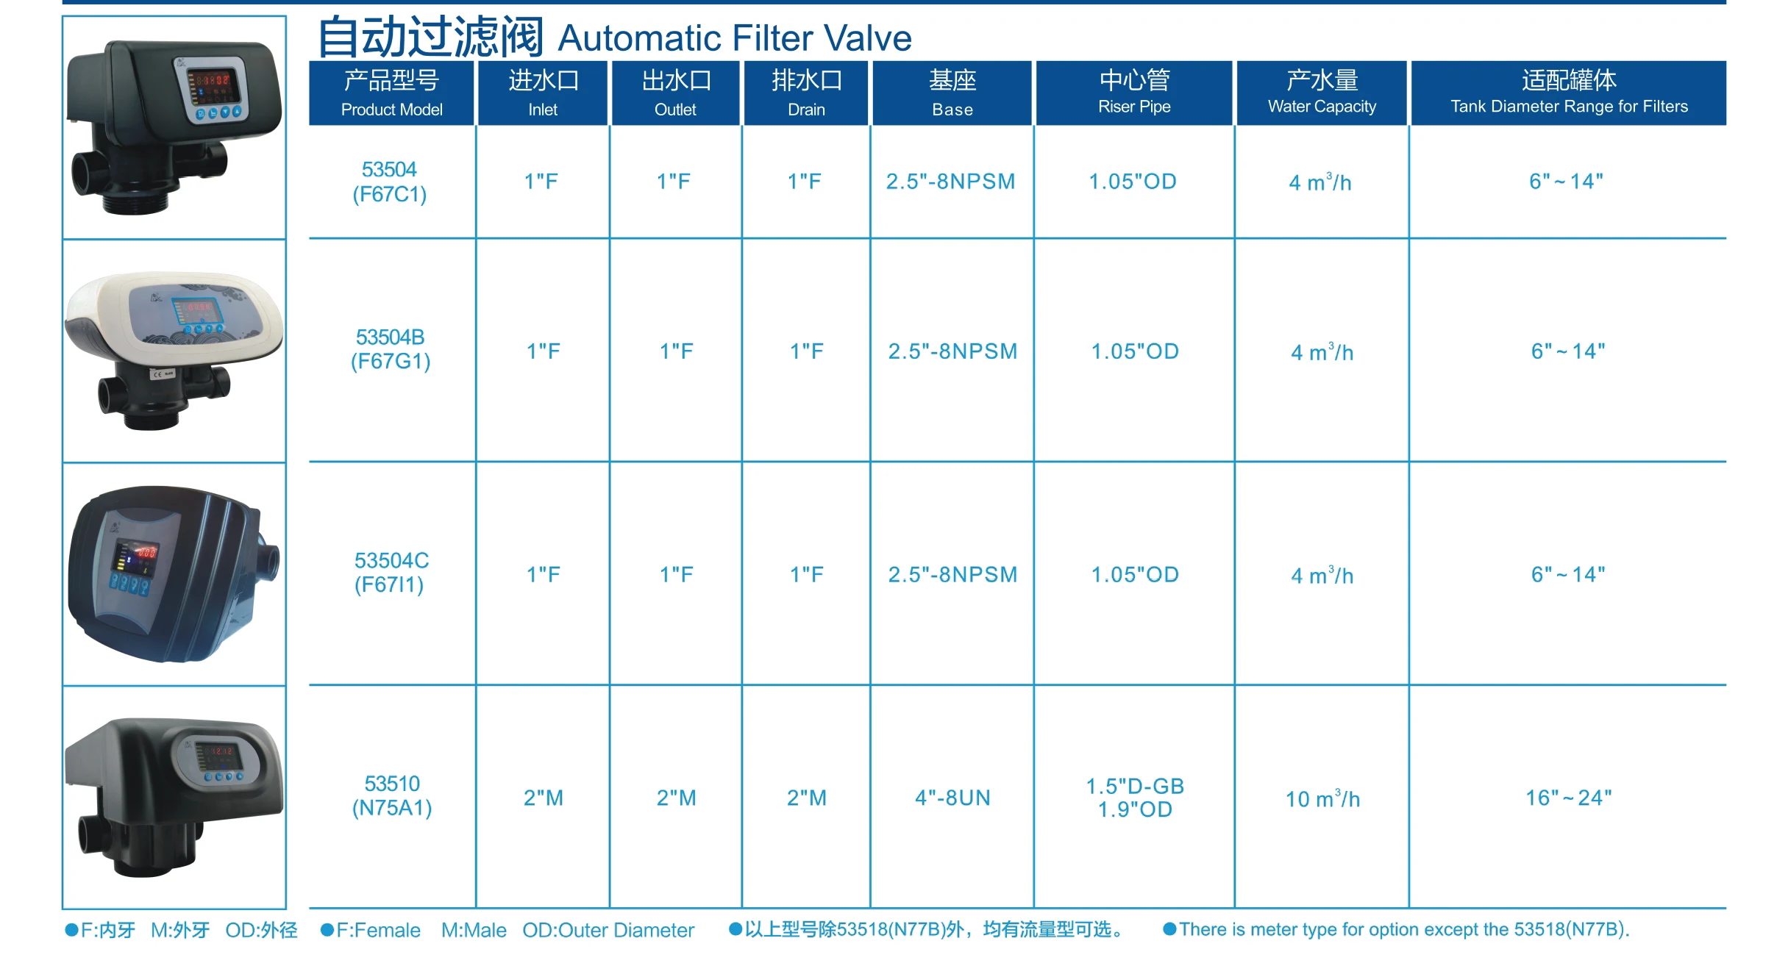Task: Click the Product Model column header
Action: tap(391, 93)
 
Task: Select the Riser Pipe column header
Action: tap(1134, 93)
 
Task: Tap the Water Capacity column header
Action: tap(1322, 93)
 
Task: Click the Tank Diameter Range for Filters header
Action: tap(1569, 93)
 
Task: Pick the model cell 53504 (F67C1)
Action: tap(390, 182)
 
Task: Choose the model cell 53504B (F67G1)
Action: tap(391, 349)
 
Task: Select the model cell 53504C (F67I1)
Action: tap(391, 573)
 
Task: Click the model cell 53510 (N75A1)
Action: tap(392, 796)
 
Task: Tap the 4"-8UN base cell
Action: tap(952, 798)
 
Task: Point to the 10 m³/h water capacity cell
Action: tap(1322, 798)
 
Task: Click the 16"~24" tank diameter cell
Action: tap(1568, 798)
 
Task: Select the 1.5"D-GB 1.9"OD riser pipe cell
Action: tap(1135, 798)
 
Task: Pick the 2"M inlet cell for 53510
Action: tap(544, 798)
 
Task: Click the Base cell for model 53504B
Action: tap(952, 351)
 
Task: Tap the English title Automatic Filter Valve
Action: tap(735, 38)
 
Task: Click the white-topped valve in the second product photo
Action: tap(174, 350)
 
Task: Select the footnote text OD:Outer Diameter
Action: tap(608, 931)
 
